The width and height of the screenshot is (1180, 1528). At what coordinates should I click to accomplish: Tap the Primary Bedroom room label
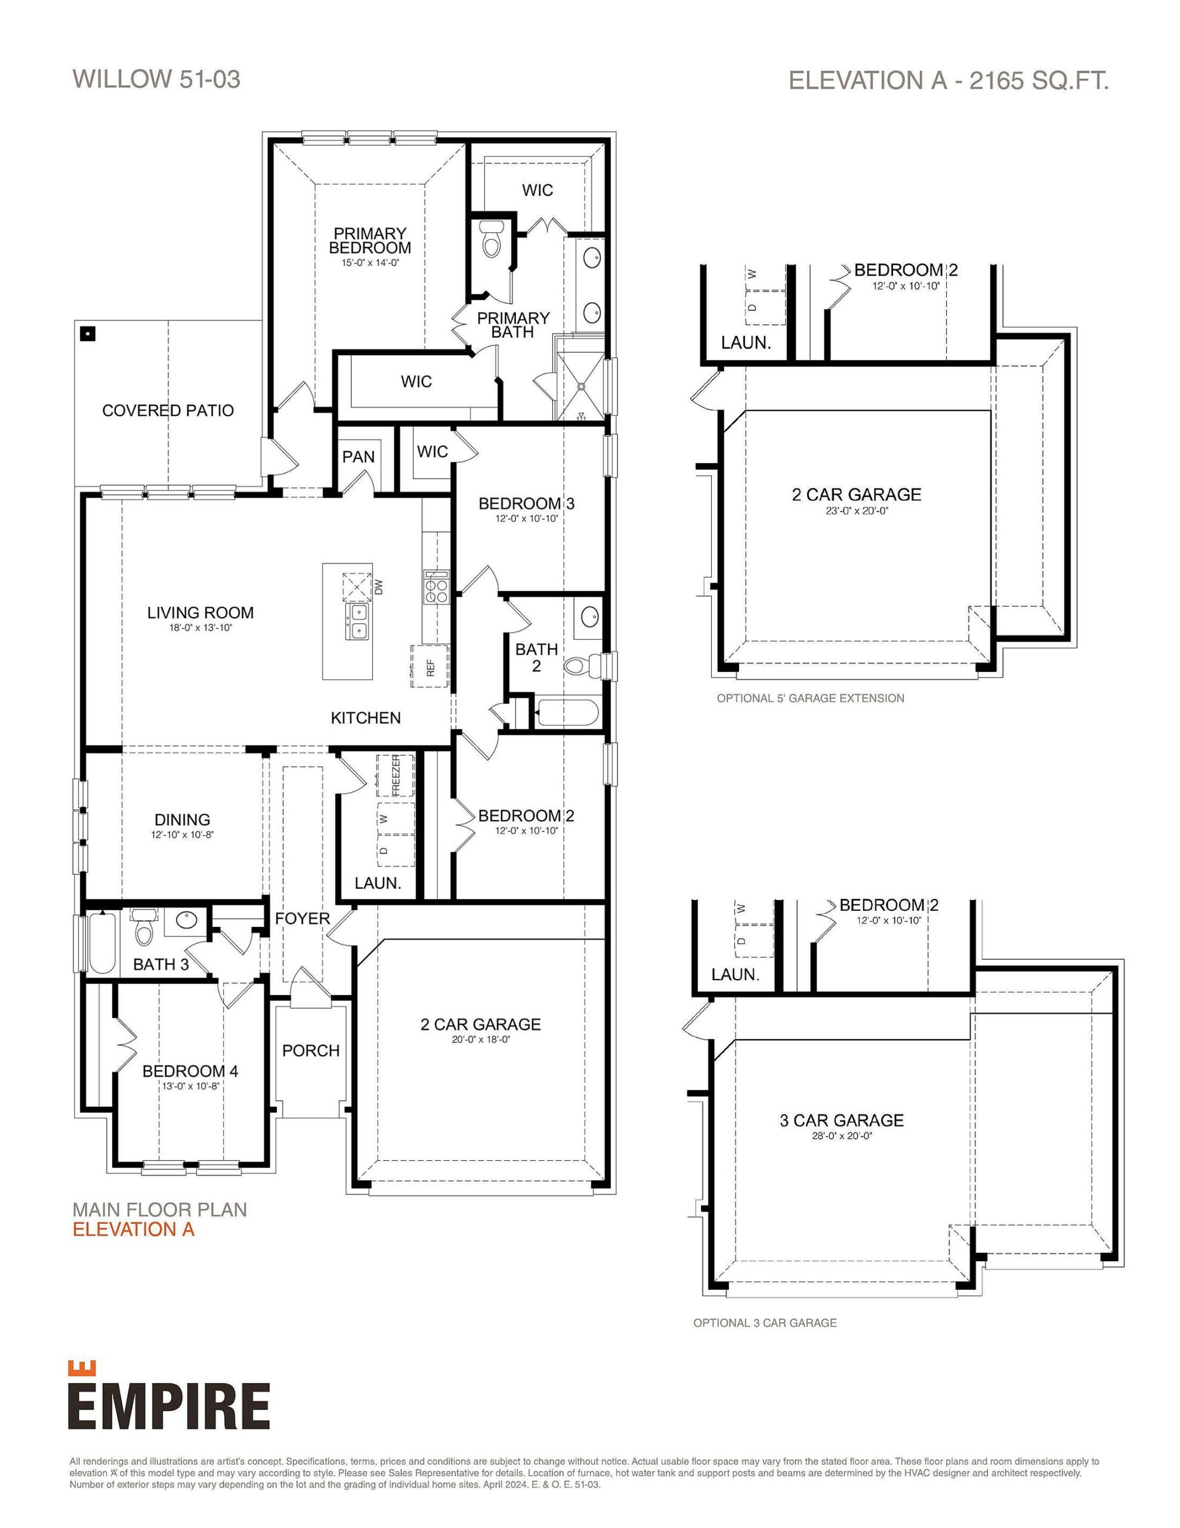tap(369, 240)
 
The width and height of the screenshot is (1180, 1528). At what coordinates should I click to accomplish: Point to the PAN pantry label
tap(358, 457)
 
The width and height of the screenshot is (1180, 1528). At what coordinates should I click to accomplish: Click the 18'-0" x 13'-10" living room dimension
tap(200, 629)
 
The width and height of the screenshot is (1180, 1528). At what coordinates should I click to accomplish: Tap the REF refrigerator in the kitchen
tap(430, 667)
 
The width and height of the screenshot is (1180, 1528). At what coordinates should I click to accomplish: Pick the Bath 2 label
tap(536, 658)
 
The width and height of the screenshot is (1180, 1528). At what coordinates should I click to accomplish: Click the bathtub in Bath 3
tap(102, 942)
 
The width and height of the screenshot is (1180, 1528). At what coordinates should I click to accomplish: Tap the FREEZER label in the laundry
tap(396, 775)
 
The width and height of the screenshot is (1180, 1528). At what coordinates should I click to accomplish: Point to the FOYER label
tap(302, 919)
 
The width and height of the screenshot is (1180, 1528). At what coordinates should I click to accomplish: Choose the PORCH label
tap(311, 1050)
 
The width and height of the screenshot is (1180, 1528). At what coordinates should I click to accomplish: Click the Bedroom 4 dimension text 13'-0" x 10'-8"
tap(191, 1086)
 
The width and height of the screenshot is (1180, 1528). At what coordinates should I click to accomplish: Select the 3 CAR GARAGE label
tap(842, 1120)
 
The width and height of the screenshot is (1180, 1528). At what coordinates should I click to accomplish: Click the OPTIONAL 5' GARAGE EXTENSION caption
tap(810, 698)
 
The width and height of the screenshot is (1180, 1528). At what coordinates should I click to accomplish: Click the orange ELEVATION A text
tap(134, 1229)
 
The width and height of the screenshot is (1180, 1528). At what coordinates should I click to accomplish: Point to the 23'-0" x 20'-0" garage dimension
tap(856, 511)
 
